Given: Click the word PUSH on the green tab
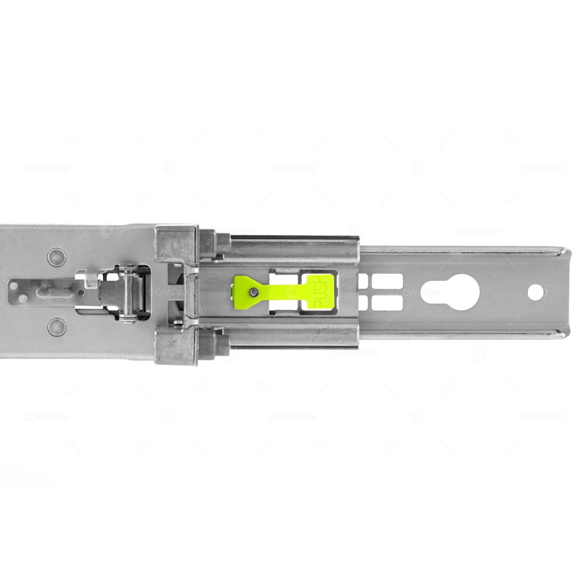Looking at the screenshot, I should pyautogui.click(x=321, y=293).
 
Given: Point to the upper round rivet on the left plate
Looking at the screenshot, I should pyautogui.click(x=57, y=257).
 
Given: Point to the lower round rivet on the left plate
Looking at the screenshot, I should pyautogui.click(x=57, y=326).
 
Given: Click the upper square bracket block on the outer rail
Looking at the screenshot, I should pyautogui.click(x=176, y=244).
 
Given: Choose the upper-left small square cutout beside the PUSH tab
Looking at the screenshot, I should pyautogui.click(x=363, y=281).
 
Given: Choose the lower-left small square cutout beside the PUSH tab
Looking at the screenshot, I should pyautogui.click(x=363, y=303).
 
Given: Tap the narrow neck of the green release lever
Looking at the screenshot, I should pyautogui.click(x=284, y=291).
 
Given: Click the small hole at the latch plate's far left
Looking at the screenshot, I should pyautogui.click(x=22, y=298).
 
